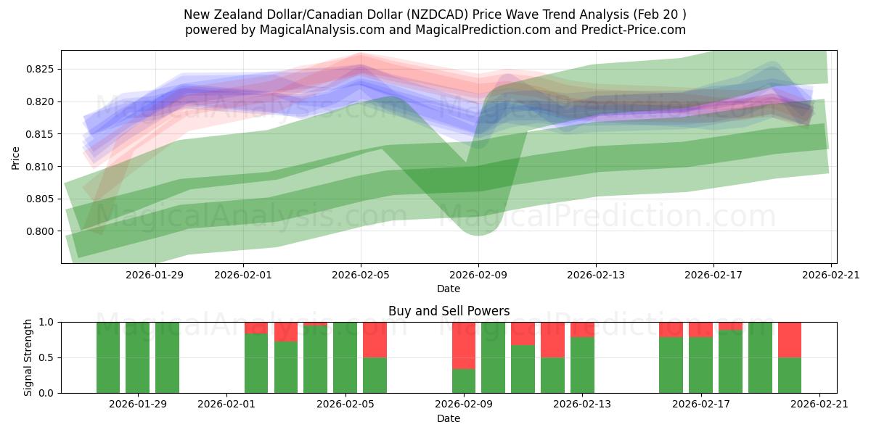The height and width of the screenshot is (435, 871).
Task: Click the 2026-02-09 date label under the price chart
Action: pyautogui.click(x=478, y=275)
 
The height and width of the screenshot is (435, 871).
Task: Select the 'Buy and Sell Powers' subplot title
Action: pyautogui.click(x=449, y=311)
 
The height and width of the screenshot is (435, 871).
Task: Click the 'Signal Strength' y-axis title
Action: pyautogui.click(x=28, y=357)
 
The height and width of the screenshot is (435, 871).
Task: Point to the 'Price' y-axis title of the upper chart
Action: pyautogui.click(x=16, y=157)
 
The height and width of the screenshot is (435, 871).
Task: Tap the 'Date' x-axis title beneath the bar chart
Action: pyautogui.click(x=449, y=418)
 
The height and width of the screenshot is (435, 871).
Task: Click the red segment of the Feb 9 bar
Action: pyautogui.click(x=464, y=345)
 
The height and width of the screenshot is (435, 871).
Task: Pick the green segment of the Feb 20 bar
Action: pyautogui.click(x=790, y=375)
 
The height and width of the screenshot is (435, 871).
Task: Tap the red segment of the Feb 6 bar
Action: pyautogui.click(x=375, y=339)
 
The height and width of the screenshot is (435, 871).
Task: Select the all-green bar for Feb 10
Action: pyautogui.click(x=494, y=357)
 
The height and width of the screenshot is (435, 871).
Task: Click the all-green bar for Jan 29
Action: pyautogui.click(x=138, y=357)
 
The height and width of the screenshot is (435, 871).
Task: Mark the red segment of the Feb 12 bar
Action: pyautogui.click(x=552, y=339)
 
